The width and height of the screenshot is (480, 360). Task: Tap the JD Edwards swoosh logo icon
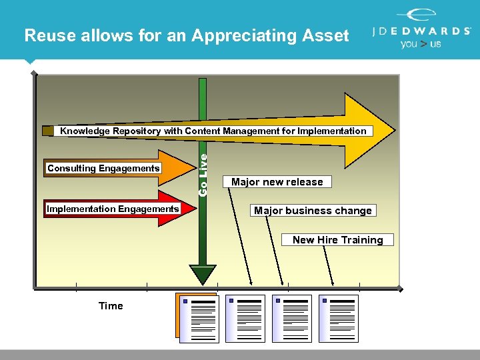417,16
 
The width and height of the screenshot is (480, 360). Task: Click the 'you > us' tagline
420,44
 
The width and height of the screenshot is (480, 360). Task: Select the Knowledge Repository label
213,131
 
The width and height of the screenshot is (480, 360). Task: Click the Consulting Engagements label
103,169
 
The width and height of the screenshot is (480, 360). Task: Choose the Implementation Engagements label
113,209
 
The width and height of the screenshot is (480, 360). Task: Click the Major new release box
277,182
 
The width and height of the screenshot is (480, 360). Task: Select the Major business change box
313,211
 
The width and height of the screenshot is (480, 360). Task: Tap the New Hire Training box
337,240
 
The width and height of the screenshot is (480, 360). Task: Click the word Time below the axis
111,306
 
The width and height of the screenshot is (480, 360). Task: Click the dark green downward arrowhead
203,274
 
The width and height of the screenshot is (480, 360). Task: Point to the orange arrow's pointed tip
198,169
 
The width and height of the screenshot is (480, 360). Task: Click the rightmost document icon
339,319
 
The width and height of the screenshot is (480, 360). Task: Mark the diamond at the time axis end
401,289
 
